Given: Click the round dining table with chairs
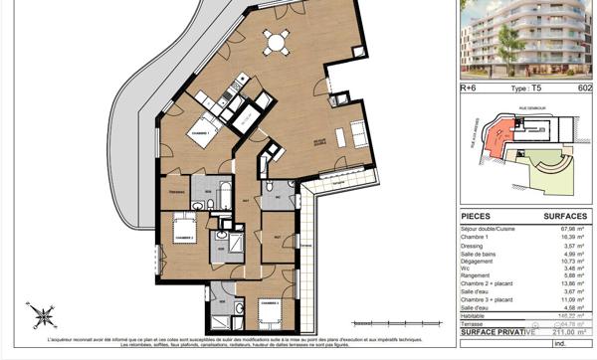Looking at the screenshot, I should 276,43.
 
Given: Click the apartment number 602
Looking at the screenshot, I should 583,88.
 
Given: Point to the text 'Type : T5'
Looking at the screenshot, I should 526,88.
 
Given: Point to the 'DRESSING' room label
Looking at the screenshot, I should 179,192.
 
